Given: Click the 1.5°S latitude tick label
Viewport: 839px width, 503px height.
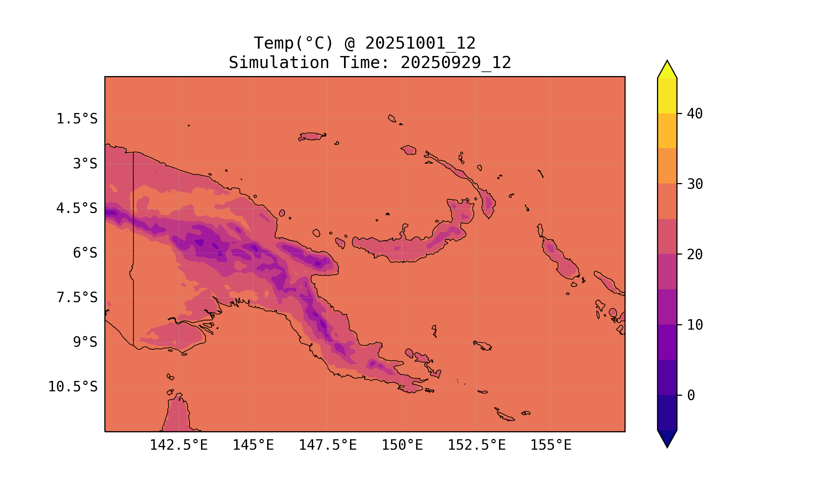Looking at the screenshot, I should pyautogui.click(x=77, y=119).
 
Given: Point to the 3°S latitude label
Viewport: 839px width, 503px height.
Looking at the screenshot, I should pyautogui.click(x=85, y=164).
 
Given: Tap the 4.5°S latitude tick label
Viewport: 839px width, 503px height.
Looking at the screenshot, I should pyautogui.click(x=77, y=209).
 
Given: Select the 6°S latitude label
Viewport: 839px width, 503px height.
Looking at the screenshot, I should pyautogui.click(x=85, y=253).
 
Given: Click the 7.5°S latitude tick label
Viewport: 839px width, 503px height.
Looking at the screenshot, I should pyautogui.click(x=77, y=297).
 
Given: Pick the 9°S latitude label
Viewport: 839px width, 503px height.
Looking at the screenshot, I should pyautogui.click(x=85, y=342).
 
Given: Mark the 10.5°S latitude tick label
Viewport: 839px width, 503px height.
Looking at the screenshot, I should pyautogui.click(x=72, y=387).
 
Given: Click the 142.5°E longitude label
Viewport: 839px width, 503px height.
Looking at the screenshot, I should pyautogui.click(x=179, y=445).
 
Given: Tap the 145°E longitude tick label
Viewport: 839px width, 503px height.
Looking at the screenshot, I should pyautogui.click(x=253, y=445).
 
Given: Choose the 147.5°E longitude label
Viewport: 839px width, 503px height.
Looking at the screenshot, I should pyautogui.click(x=327, y=445).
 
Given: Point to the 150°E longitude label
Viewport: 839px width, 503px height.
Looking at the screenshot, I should pyautogui.click(x=402, y=445).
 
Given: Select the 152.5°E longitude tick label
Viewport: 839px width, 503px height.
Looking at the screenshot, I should pyautogui.click(x=477, y=445).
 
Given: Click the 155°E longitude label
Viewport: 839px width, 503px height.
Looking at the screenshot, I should pyautogui.click(x=551, y=445).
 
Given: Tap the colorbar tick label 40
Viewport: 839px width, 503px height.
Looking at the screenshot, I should pyautogui.click(x=695, y=114).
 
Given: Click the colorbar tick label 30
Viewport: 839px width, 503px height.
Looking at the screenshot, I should pyautogui.click(x=695, y=184).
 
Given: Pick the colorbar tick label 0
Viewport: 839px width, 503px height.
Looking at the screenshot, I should pyautogui.click(x=691, y=396).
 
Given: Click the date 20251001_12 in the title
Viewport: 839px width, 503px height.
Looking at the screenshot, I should pyautogui.click(x=420, y=43).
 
